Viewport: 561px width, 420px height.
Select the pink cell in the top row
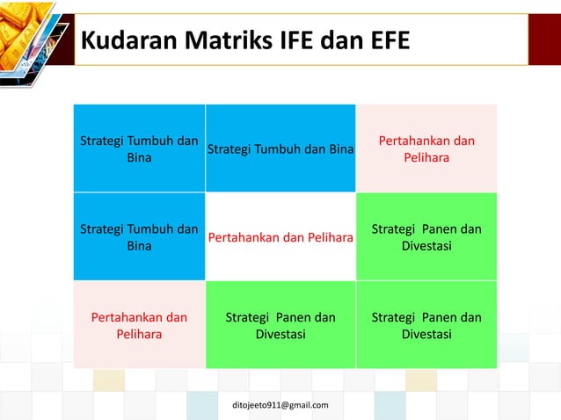[426, 148]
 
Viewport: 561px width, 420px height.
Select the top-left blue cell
[139, 148]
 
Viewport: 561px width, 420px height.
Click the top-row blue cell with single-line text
[280, 148]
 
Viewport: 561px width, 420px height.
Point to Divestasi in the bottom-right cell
[426, 335]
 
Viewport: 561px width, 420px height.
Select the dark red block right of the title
[543, 40]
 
